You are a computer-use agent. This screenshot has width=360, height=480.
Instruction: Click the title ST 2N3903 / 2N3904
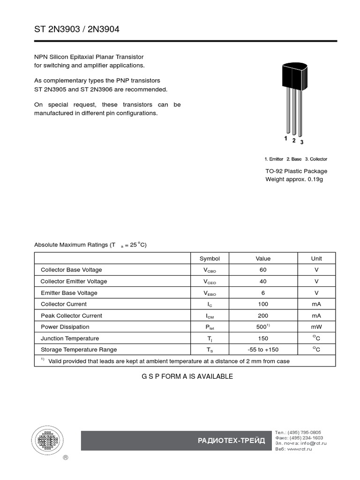pyautogui.click(x=77, y=29)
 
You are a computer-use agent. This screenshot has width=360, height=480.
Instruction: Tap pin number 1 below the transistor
pyautogui.click(x=285, y=138)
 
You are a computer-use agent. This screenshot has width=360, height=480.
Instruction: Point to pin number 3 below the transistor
pyautogui.click(x=301, y=142)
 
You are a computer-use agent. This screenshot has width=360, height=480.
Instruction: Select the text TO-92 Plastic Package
pyautogui.click(x=296, y=171)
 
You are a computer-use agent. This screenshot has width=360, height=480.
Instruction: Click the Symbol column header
pyautogui.click(x=210, y=258)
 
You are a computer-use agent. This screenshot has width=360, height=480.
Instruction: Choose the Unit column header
pyautogui.click(x=316, y=258)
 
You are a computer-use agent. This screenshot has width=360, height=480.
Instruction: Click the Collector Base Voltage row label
pyautogui.click(x=71, y=270)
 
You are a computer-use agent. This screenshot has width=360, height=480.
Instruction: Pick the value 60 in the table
pyautogui.click(x=263, y=270)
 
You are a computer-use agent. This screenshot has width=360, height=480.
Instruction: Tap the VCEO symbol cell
pyautogui.click(x=210, y=282)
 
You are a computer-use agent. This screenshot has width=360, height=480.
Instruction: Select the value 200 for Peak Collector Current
pyautogui.click(x=263, y=315)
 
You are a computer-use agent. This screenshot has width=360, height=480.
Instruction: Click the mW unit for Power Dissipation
pyautogui.click(x=316, y=327)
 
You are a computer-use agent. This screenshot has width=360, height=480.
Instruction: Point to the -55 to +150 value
pyautogui.click(x=263, y=350)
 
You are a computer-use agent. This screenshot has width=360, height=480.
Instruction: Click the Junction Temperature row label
pyautogui.click(x=70, y=338)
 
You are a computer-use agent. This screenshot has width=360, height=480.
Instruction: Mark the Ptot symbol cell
pyautogui.click(x=210, y=327)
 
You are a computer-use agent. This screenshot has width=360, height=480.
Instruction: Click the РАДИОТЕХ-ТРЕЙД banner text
pyautogui.click(x=232, y=441)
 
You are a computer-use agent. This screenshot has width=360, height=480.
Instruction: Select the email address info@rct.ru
pyautogui.click(x=314, y=443)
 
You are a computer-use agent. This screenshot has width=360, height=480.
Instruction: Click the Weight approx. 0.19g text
pyautogui.click(x=294, y=180)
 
